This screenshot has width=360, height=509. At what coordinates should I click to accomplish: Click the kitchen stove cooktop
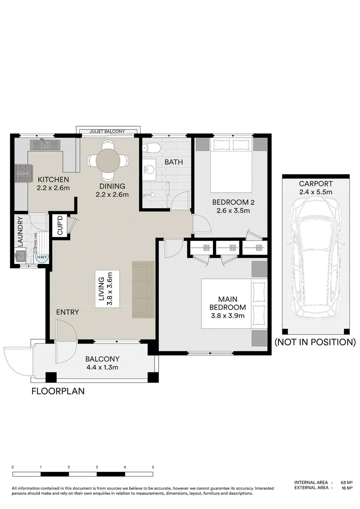pos(22,173)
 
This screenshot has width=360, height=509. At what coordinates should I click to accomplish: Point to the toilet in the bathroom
pos(151,148)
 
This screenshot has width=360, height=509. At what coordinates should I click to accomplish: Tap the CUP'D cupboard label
pos(60,225)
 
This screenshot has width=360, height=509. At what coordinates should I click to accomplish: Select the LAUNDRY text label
pos(20,231)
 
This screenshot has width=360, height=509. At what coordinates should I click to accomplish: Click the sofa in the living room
pos(143,289)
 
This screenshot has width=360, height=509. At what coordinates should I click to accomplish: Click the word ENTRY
pos(67,312)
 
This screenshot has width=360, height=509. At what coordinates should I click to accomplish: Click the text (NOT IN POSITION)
pos(315,342)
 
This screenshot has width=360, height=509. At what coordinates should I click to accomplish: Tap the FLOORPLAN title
pos(58,391)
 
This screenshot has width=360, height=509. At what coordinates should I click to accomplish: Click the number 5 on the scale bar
pos(153,467)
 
